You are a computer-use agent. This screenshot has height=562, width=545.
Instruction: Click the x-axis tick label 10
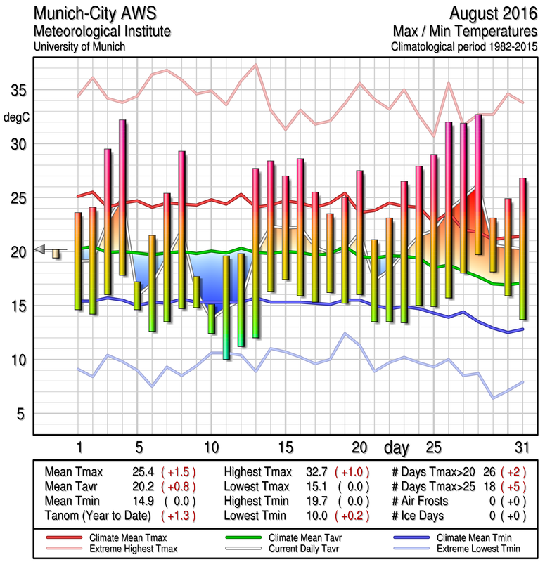pos(211,447)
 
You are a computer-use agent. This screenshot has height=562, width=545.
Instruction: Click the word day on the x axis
pos(397,447)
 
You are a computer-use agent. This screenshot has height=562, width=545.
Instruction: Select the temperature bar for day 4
pos(122,197)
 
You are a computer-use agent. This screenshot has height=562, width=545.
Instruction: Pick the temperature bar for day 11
pos(226,307)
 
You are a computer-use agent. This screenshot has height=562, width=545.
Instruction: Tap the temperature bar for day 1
pos(78,260)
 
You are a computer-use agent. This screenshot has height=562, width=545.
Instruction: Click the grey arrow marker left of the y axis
pos(40,248)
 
